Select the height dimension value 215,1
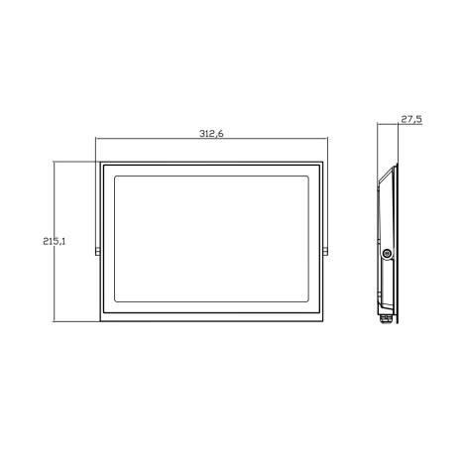tap(55, 239)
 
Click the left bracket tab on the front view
tap(97, 248)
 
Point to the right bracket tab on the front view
tap(327, 248)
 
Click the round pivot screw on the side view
tap(387, 255)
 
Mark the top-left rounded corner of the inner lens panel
tap(119, 178)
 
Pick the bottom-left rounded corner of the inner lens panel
tap(119, 301)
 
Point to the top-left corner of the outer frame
tap(100, 163)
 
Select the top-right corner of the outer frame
tap(324, 163)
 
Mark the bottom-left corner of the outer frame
tap(100, 321)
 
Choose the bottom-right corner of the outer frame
tap(324, 321)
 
